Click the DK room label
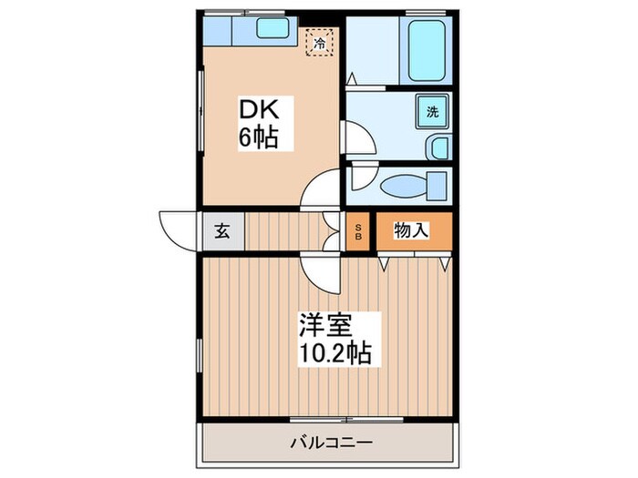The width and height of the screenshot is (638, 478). [x=259, y=109]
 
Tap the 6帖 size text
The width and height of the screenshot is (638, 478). [x=258, y=137]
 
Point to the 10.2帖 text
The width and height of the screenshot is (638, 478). [x=334, y=352]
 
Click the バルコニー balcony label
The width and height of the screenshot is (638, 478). [x=331, y=442]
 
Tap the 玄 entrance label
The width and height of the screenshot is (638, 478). [x=222, y=231]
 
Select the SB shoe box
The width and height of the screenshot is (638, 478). [x=358, y=231]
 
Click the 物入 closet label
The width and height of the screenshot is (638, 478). [x=411, y=230]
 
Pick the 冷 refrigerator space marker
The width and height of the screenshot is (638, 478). [x=321, y=42]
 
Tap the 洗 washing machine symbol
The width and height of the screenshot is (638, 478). [x=433, y=111]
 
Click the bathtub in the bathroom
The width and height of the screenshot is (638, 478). [x=426, y=50]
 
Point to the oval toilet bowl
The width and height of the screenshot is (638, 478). [x=403, y=186]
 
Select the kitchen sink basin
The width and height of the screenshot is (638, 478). [x=273, y=27]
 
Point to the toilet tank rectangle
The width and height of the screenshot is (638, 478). [x=437, y=186]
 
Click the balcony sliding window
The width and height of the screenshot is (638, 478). [x=346, y=419]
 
